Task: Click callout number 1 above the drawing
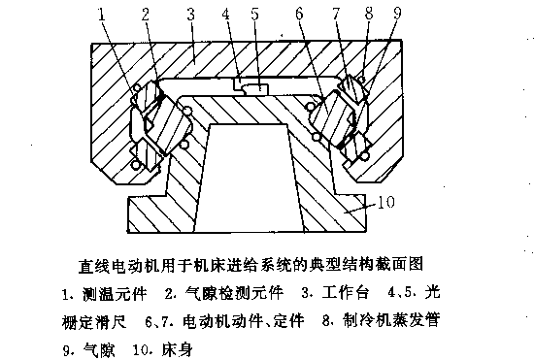102,15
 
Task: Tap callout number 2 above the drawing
146,15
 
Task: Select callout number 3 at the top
190,15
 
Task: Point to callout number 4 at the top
225,15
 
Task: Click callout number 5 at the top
254,15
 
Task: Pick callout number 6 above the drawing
299,15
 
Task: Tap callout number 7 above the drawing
337,15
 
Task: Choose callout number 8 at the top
369,14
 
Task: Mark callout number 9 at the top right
397,14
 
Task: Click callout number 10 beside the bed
386,202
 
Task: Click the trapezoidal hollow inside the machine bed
250,177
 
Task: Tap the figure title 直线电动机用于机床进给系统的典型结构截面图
251,264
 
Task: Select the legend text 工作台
346,293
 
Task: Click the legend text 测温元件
115,293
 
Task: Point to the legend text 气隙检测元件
234,293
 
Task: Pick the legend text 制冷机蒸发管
391,320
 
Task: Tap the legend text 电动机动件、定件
243,320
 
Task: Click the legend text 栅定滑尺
94,321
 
